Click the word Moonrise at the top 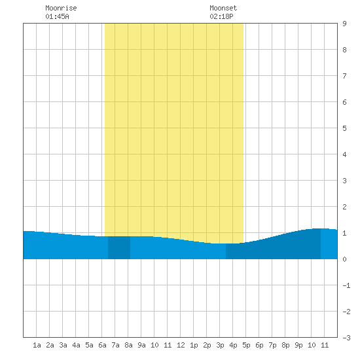[x=61, y=8]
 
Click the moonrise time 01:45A [x=57, y=16]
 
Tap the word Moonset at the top [x=223, y=8]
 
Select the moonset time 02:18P [x=221, y=16]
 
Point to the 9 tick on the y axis [x=344, y=24]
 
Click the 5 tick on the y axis [x=344, y=128]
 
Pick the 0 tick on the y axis [x=344, y=259]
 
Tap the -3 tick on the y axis [x=346, y=338]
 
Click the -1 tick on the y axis [x=346, y=285]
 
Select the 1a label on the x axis [x=37, y=345]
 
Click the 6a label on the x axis [x=102, y=345]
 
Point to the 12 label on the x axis [x=181, y=345]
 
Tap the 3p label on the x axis [x=220, y=345]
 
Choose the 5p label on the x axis [x=246, y=345]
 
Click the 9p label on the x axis [x=298, y=345]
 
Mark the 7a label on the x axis [x=115, y=345]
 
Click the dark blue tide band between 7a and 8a [x=119, y=247]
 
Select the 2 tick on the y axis [x=344, y=207]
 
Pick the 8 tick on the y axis [x=344, y=50]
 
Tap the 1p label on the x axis [x=194, y=345]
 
